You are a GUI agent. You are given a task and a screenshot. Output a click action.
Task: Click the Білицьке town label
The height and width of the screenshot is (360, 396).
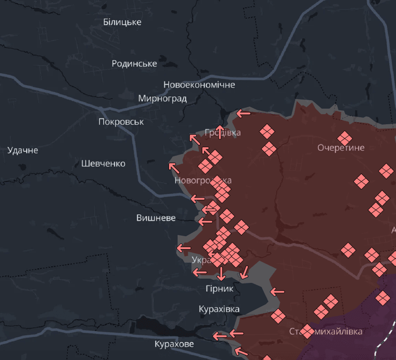click(122, 22)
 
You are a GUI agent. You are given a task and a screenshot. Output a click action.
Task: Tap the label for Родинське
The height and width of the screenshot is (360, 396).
click(134, 64)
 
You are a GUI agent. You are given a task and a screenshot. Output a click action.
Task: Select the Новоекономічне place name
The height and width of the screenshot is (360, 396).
click(199, 85)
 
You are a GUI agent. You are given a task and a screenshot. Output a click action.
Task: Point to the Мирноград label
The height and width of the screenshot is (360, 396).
click(162, 99)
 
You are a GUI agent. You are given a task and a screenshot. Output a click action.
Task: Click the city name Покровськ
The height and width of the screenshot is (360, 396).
click(121, 122)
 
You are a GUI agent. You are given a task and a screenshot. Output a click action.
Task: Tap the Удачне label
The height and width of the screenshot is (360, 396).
click(22, 150)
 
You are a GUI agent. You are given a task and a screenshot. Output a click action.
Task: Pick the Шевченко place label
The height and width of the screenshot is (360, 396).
click(103, 163)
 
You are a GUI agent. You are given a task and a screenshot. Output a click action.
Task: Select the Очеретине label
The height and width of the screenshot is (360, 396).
click(340, 148)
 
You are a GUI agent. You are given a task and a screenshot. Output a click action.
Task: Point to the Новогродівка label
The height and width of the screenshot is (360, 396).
click(203, 181)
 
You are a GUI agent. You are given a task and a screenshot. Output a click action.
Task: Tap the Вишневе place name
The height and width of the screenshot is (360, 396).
click(156, 217)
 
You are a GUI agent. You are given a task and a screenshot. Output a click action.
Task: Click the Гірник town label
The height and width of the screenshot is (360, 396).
click(219, 289)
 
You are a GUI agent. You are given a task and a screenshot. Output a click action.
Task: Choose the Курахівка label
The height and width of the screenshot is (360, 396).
click(219, 309)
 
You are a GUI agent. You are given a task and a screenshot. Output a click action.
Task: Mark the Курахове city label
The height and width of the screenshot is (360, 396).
click(174, 344)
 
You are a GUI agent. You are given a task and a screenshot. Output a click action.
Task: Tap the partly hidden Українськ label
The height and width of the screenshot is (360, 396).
click(200, 260)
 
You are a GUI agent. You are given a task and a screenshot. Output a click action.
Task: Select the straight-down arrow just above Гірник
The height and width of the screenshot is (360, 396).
click(220, 274)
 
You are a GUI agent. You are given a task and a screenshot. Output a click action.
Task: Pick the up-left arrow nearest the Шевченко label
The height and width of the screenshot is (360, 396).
click(173, 167)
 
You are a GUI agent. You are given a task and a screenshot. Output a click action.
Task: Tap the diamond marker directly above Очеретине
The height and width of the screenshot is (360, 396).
click(345, 138)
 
